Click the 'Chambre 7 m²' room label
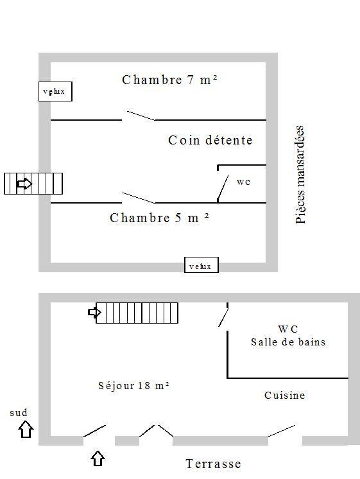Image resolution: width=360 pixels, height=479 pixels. pos(170,80)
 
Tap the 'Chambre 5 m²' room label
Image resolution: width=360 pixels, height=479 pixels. pos(159,218)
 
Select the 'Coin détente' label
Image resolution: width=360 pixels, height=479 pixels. pos(210,140)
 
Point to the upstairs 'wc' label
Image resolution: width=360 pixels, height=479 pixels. pos(243,182)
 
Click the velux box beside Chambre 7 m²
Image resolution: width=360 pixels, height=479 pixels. pos(55,91)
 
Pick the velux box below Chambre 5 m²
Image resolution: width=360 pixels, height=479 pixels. pos(201,265)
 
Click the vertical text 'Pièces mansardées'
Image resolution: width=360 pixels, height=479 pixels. pos(300,175)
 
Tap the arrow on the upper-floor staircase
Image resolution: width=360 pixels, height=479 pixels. pos(24,184)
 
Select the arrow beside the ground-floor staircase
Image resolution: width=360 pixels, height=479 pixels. pos(94,312)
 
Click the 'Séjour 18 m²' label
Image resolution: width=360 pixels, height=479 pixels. pos(133,385)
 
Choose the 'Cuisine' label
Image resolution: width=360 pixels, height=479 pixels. pos(284,396)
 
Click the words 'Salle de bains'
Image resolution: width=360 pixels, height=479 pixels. pos(288,342)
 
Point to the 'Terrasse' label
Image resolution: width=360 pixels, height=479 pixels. pos(213,464)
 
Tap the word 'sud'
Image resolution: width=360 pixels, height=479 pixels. pos(19,413)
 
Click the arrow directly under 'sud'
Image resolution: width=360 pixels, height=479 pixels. pos(26,429)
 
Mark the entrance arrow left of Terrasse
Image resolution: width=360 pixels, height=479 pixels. pos(98,458)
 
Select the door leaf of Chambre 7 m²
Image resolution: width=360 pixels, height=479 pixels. pos(141,116)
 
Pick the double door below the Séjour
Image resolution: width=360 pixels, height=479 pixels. pos(157,430)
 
